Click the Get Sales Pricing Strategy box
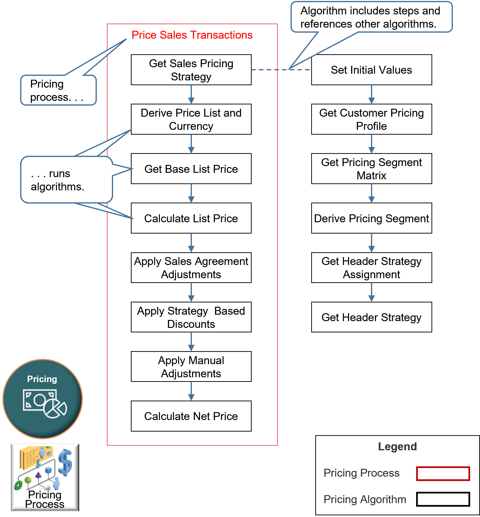pos(191,70)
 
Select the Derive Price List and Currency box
pos(191,119)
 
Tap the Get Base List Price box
pos(191,169)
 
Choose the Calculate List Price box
pos(191,218)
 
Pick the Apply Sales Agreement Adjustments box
pos(191,268)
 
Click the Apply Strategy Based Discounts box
pos(191,317)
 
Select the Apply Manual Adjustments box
pos(191,367)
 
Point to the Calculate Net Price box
pos(191,416)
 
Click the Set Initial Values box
pos(371,70)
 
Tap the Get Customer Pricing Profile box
pos(371,119)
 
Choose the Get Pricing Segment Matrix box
pos(371,169)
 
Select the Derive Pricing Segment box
pos(371,218)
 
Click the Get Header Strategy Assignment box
pos(371,268)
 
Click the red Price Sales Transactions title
pos(192,35)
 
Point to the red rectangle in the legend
pos(443,473)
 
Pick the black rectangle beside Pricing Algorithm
pos(443,499)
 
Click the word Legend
pos(397,447)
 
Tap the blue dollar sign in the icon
pos(65,462)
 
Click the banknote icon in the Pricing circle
pos(39,400)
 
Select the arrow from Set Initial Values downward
pos(371,95)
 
